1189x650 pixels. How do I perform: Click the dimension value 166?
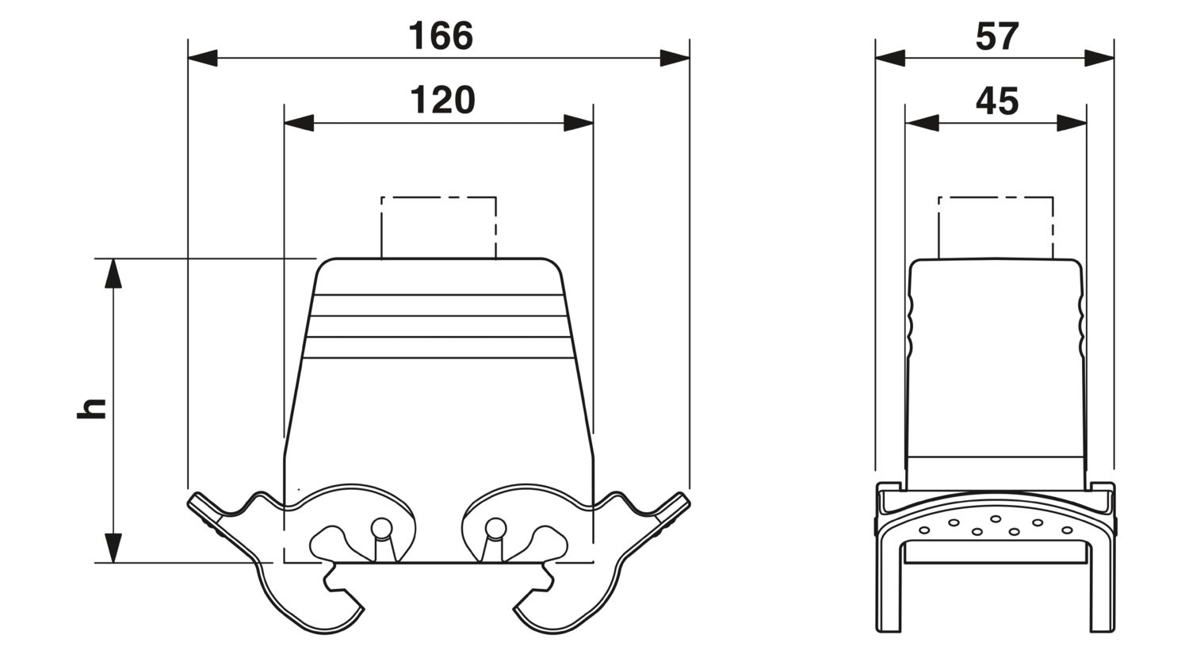pos(441,36)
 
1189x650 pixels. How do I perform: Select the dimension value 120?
pos(442,100)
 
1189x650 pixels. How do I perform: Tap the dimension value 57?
pos(997,36)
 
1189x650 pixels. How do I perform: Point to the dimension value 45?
pos(997,101)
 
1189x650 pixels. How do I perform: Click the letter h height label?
pos(92,408)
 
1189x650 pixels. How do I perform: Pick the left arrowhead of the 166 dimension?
pos(203,58)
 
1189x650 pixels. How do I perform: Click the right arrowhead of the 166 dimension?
pos(675,58)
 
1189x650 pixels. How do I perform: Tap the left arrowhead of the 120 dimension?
pos(299,123)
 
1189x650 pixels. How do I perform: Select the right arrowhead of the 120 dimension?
pos(579,123)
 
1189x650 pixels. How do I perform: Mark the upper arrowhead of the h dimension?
pos(113,273)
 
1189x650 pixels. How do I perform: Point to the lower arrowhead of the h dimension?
pos(113,548)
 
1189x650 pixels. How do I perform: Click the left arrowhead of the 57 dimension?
pos(890,58)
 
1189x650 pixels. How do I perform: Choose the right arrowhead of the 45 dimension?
pos(1072,123)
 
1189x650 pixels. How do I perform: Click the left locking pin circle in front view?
pos(381,528)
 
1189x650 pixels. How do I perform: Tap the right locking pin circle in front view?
pos(495,528)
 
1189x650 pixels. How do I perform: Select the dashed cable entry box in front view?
pos(438,197)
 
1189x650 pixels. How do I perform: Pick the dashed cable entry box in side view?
pos(996,197)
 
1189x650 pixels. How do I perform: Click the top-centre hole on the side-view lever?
pos(996,518)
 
